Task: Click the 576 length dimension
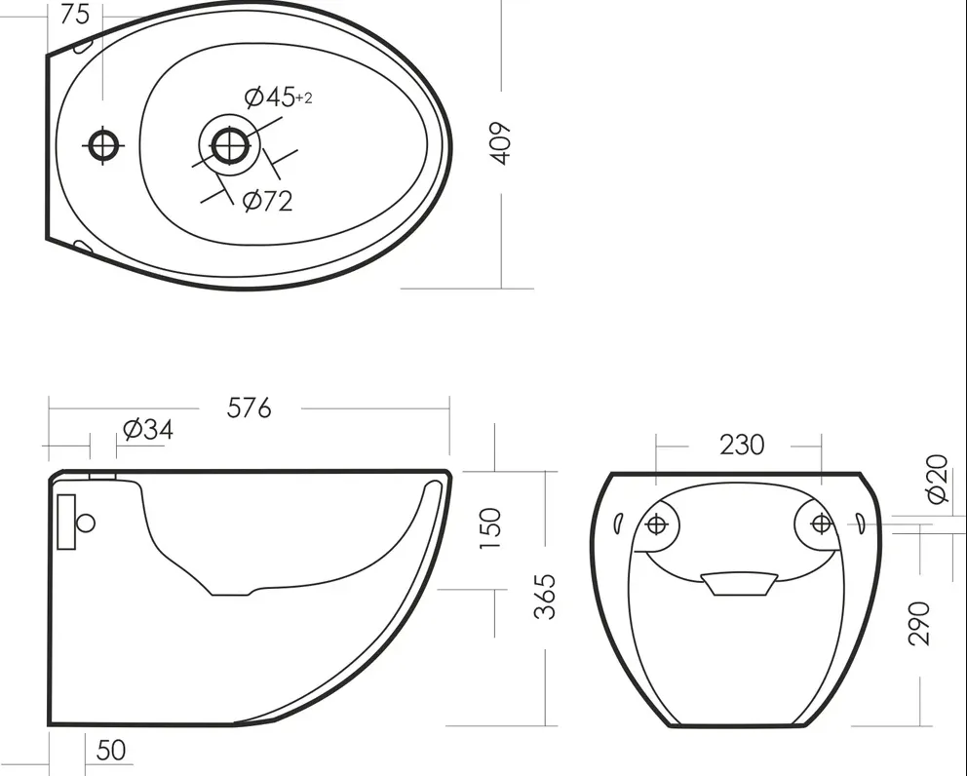click(250, 407)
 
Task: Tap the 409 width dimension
click(501, 143)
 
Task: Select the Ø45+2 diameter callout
click(278, 97)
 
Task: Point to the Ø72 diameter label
click(268, 201)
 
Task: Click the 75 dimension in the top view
click(75, 15)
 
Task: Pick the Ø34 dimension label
click(148, 429)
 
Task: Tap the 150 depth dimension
click(490, 528)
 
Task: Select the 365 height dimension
click(545, 597)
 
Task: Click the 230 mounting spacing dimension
click(742, 445)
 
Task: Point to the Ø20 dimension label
click(938, 479)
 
